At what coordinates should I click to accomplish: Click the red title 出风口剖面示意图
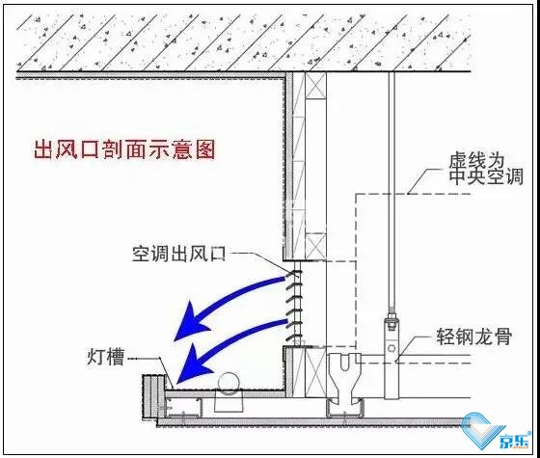coord(124,150)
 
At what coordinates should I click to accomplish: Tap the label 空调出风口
coord(179,254)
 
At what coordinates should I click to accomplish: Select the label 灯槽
coord(105,357)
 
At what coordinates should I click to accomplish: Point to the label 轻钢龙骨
coord(473,337)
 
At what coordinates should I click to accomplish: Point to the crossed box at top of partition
coord(315,86)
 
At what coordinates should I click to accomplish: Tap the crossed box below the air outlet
coord(315,372)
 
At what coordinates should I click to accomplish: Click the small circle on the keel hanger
coord(391,348)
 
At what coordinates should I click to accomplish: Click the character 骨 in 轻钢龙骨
coord(502,337)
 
